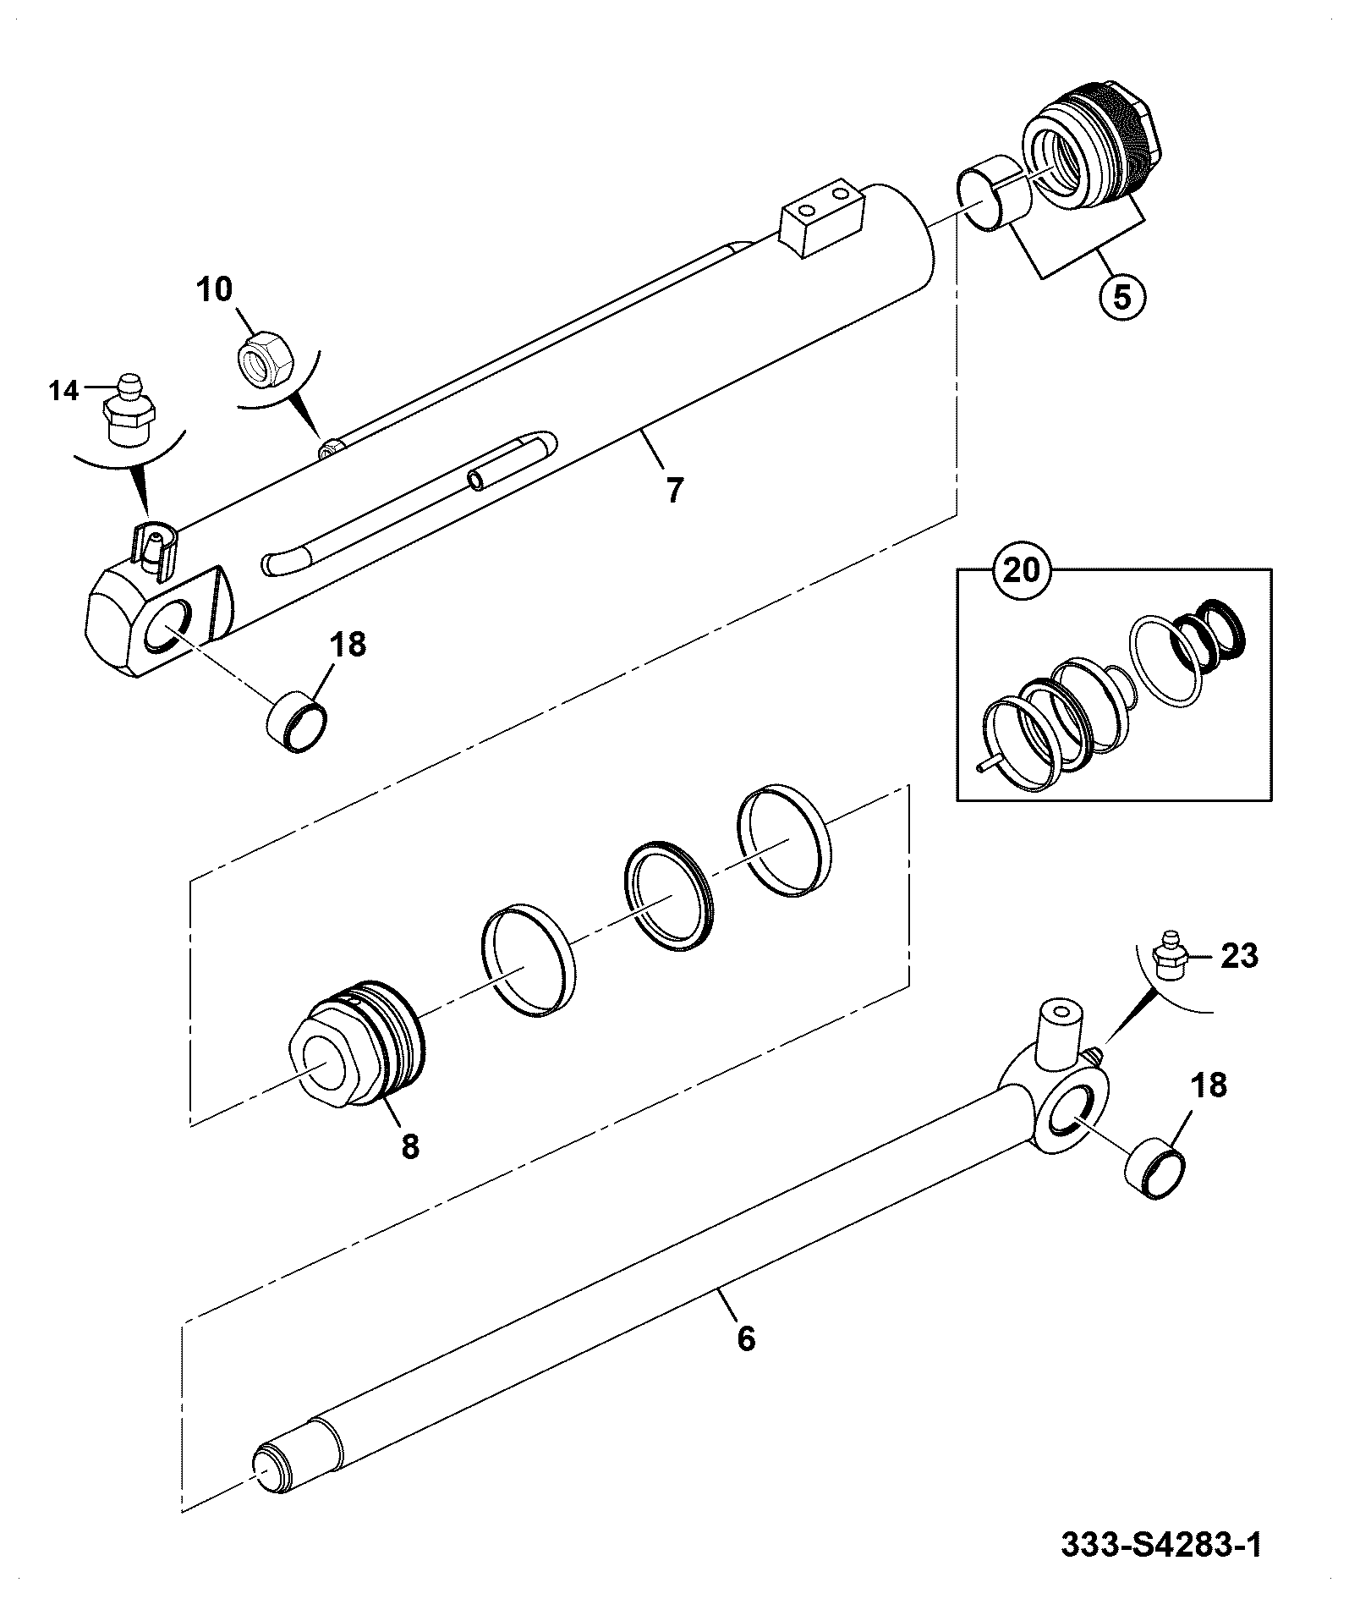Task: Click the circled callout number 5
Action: pyautogui.click(x=1121, y=299)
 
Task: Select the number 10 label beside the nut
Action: pyautogui.click(x=214, y=289)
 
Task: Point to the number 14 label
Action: pyautogui.click(x=63, y=391)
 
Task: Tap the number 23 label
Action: pyautogui.click(x=1240, y=957)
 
